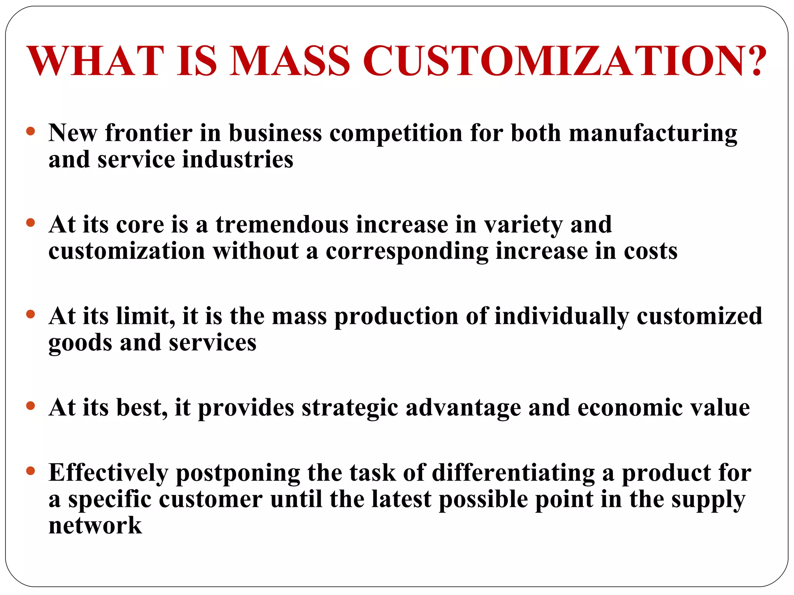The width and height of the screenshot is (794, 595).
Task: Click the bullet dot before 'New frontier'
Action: click(31, 131)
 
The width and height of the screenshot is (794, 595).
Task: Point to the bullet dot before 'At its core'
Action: click(31, 223)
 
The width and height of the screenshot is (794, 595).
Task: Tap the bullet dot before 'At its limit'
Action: click(31, 314)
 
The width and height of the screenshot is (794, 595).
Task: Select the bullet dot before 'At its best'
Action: click(31, 406)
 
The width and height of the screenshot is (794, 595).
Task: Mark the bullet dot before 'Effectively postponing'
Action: click(31, 471)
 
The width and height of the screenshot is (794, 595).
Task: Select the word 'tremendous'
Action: click(282, 225)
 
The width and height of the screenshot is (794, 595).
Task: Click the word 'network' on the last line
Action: click(95, 526)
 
